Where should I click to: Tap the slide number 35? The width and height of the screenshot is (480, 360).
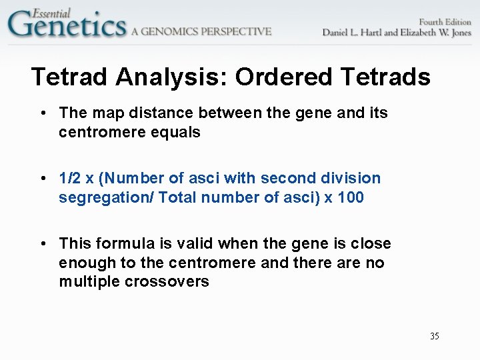[435, 336]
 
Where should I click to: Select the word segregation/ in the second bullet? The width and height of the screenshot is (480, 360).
[105, 198]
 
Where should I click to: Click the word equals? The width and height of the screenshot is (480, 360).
[177, 133]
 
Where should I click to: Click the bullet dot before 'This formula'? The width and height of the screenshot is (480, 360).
[43, 244]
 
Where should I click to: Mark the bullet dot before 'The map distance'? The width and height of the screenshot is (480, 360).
[43, 113]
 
